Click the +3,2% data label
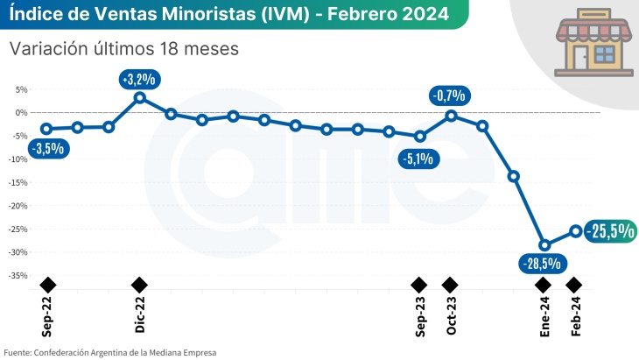(x=140, y=79)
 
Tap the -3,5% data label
(x=47, y=149)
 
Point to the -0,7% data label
(x=451, y=95)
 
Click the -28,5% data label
(x=543, y=263)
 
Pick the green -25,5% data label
(x=610, y=230)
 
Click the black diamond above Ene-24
(x=543, y=285)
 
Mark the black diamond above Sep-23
(x=419, y=285)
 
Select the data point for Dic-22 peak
(x=140, y=96)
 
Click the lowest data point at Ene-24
(x=544, y=245)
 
